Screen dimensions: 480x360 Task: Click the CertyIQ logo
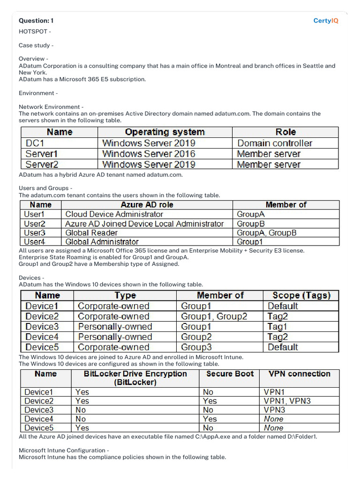coord(326,21)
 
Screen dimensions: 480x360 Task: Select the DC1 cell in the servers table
coord(35,143)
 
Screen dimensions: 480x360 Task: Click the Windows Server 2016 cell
coord(149,154)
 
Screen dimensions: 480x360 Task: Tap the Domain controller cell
coord(275,143)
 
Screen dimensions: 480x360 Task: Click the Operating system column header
coord(165,132)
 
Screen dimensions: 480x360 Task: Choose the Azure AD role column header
coord(147,205)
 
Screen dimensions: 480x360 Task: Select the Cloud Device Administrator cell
coord(114,214)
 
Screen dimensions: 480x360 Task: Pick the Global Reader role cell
coord(91,232)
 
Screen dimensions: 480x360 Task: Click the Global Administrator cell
coord(102,242)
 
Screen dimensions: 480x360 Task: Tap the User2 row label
coord(35,224)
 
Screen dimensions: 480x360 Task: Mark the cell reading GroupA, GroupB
coord(266,232)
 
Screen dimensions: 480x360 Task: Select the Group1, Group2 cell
coord(214,316)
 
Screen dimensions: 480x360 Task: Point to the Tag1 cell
coord(277,327)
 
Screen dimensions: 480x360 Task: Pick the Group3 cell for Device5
coord(196,347)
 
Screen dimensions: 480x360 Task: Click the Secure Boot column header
coord(230,374)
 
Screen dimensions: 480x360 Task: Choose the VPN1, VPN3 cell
coord(287,401)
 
